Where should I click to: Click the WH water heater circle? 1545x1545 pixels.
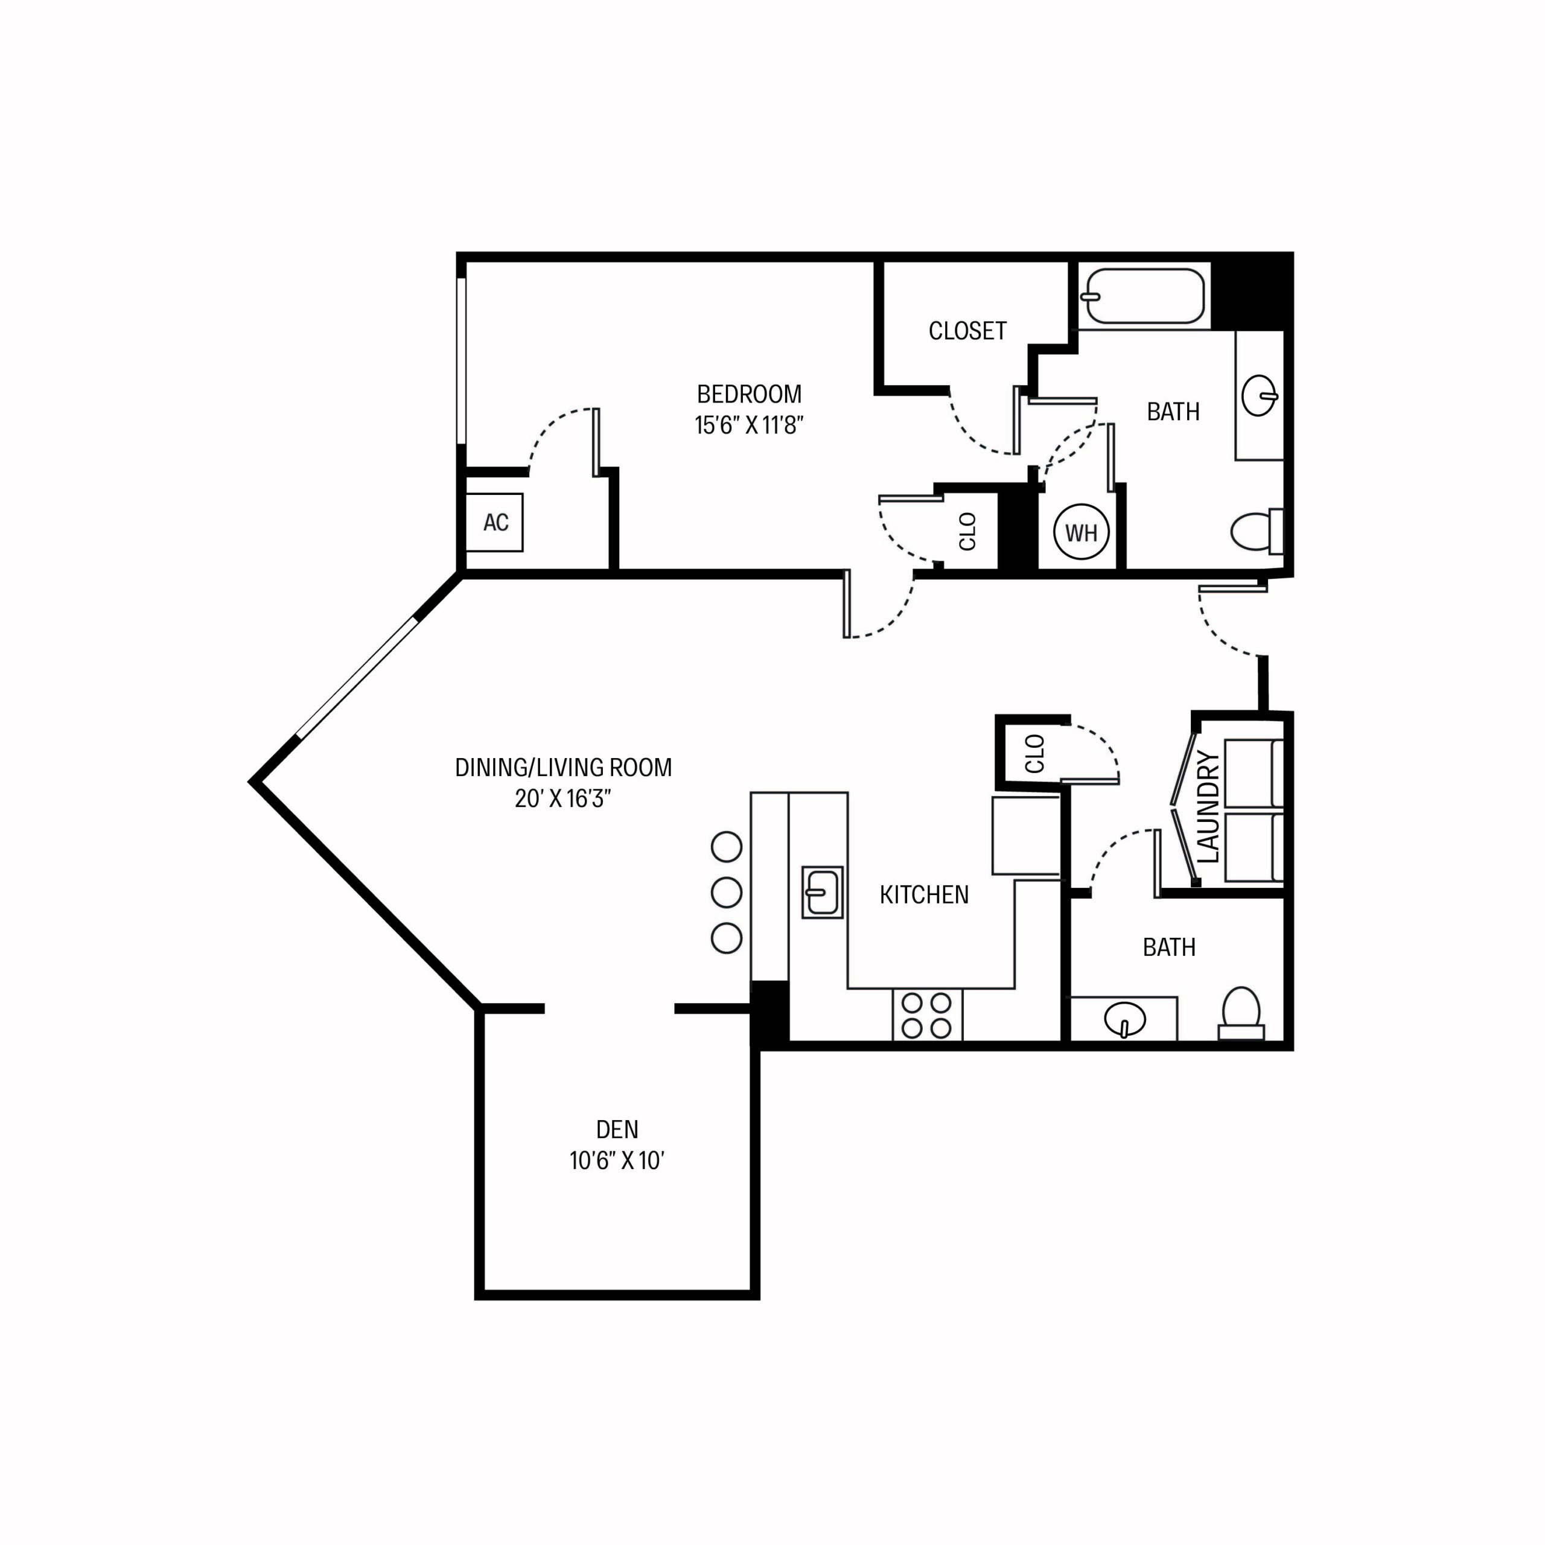[1081, 532]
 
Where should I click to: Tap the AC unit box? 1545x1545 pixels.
[495, 522]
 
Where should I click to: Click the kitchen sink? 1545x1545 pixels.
[822, 891]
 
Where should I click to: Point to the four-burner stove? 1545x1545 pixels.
[927, 1016]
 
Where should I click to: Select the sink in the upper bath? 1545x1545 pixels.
[1260, 396]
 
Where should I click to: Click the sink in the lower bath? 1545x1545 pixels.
[1124, 1019]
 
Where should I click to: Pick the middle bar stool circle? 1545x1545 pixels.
[726, 893]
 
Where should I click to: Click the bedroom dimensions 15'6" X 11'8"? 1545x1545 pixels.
[748, 425]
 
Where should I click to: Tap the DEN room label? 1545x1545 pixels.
[617, 1129]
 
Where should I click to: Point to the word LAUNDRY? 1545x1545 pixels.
[1208, 808]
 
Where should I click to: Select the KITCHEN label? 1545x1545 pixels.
[923, 895]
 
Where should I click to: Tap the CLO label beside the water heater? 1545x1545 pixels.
[967, 532]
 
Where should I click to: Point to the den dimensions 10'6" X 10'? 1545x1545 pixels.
[617, 1161]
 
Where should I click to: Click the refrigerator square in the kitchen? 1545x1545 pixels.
[1026, 835]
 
